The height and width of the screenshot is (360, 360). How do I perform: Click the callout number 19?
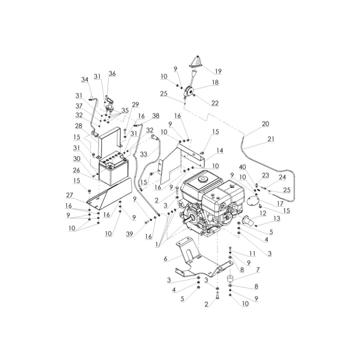tap(218, 72)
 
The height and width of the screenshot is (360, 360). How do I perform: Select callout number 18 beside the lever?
tap(215, 83)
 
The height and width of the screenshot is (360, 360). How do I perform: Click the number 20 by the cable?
tap(265, 124)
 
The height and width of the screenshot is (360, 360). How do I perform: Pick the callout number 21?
tap(271, 139)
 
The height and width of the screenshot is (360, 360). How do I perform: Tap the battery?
tap(113, 168)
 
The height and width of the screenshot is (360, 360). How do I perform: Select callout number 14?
tap(220, 151)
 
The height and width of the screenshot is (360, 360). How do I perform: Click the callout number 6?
tap(166, 258)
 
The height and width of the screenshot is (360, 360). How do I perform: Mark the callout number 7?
tap(258, 270)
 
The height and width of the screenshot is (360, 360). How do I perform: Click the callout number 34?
tap(84, 80)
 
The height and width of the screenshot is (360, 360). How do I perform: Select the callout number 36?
tap(112, 73)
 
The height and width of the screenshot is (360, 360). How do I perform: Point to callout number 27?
tap(70, 195)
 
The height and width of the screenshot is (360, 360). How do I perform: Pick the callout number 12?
tap(263, 213)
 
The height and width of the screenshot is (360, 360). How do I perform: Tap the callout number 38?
tap(156, 116)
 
